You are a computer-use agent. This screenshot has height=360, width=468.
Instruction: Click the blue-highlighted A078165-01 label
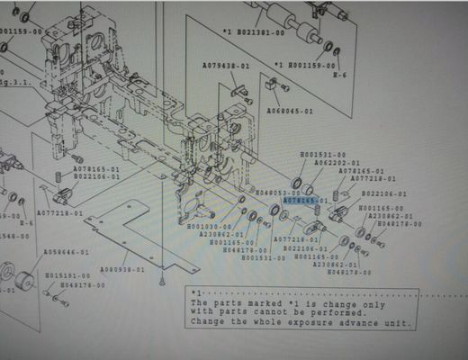pos(305,201)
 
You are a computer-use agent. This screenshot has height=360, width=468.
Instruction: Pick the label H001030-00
pos(210,226)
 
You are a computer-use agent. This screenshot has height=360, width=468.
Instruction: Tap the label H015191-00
pos(67,275)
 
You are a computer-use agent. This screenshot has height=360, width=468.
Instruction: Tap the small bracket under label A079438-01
pos(238,88)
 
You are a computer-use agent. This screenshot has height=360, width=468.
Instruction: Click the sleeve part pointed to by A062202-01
pos(308,188)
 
